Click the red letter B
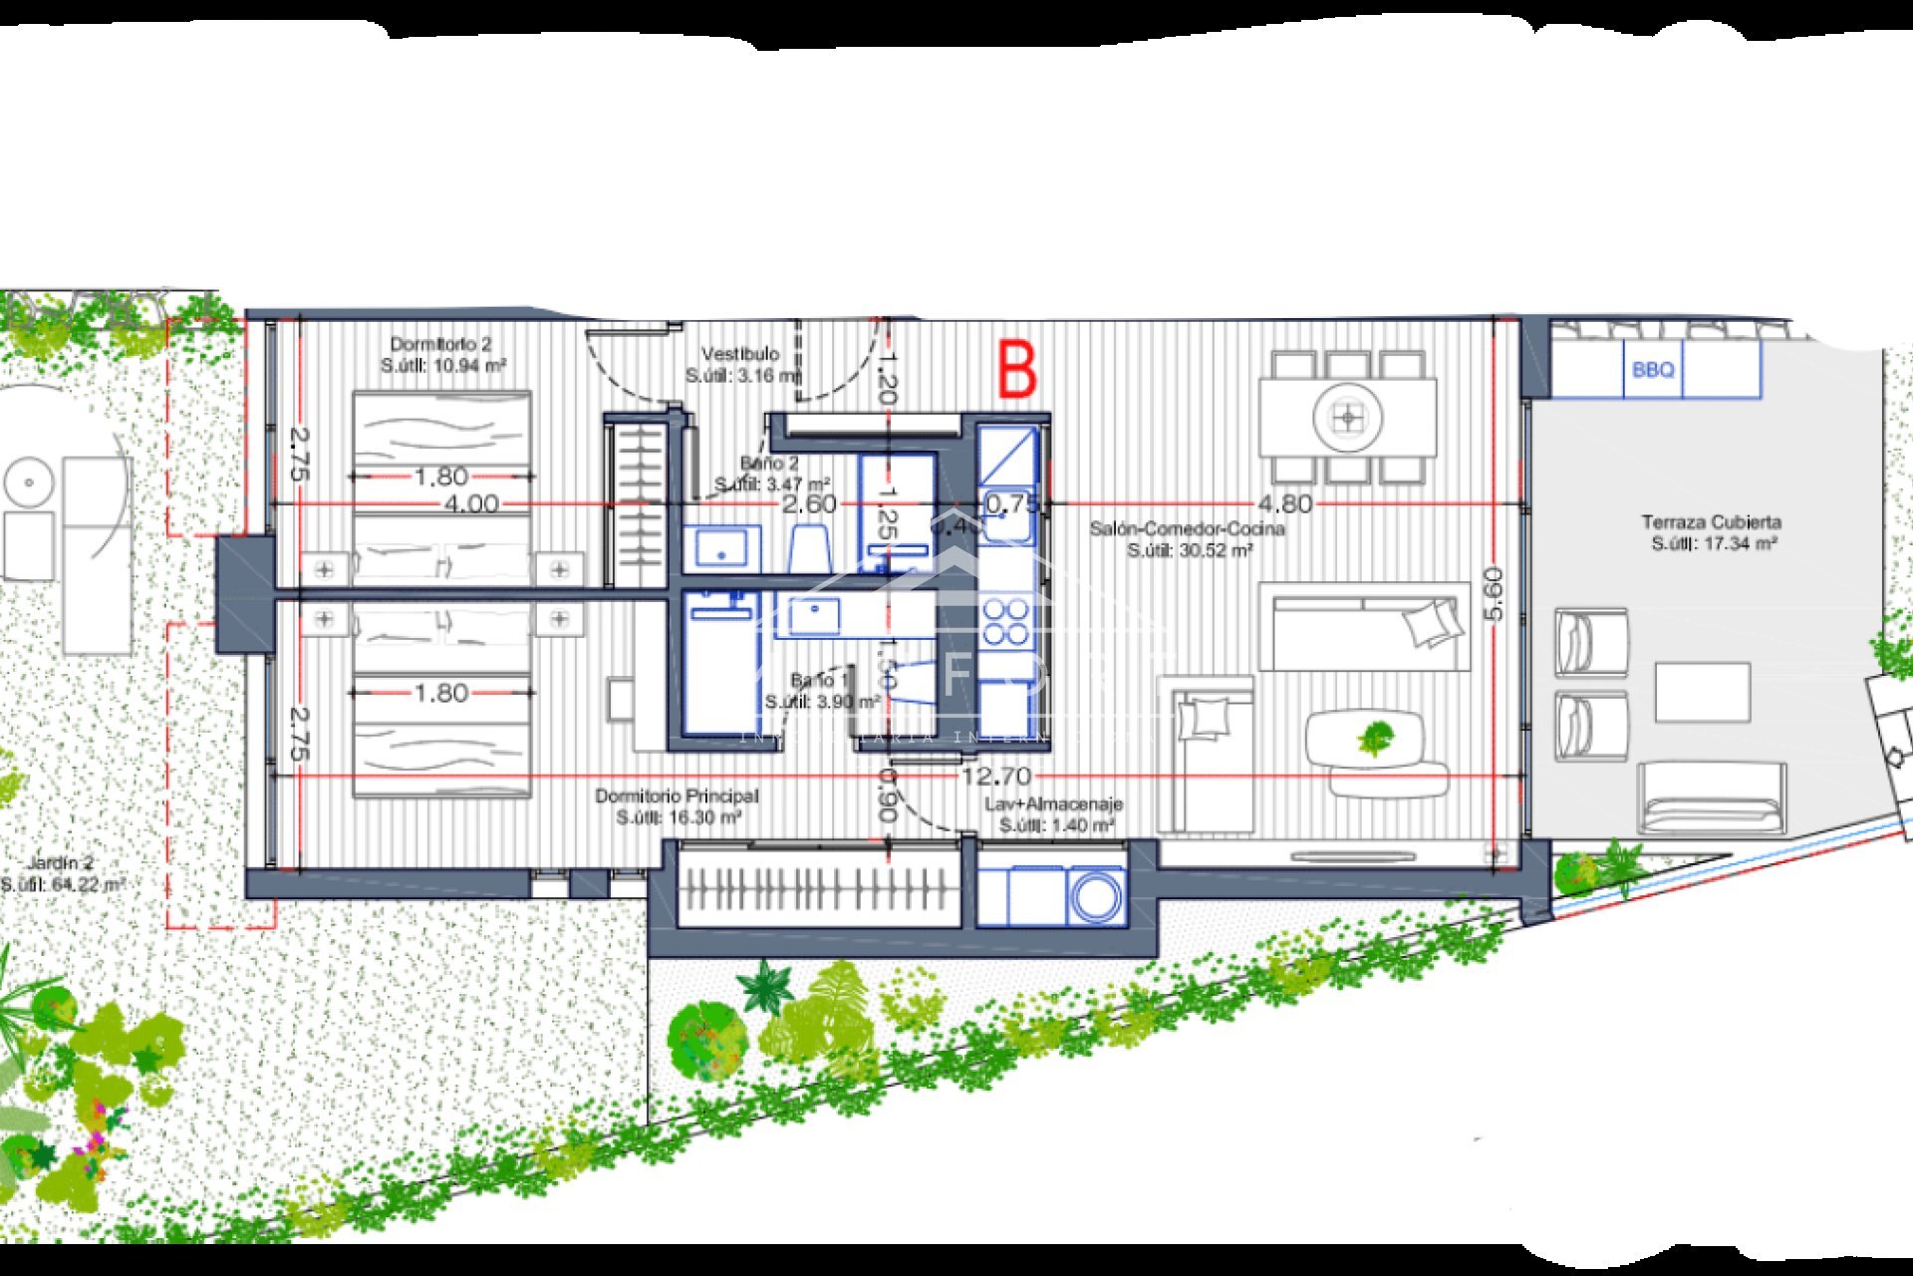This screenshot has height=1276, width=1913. coord(1017,370)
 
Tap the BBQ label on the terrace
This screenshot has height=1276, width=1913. coord(1653,370)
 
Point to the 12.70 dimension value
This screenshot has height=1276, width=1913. coord(996,776)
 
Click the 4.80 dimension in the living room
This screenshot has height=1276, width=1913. coord(1284,504)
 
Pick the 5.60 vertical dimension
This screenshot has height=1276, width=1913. coord(1493,594)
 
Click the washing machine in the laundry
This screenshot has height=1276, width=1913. coord(1096,897)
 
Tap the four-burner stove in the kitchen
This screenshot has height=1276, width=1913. coord(1006,620)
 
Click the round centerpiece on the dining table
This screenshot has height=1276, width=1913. coord(1347,419)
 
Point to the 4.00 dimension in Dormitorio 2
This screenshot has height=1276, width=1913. coord(471,504)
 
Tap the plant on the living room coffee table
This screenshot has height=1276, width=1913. coord(1375,739)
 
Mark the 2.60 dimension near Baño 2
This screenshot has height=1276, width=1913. coord(809,504)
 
